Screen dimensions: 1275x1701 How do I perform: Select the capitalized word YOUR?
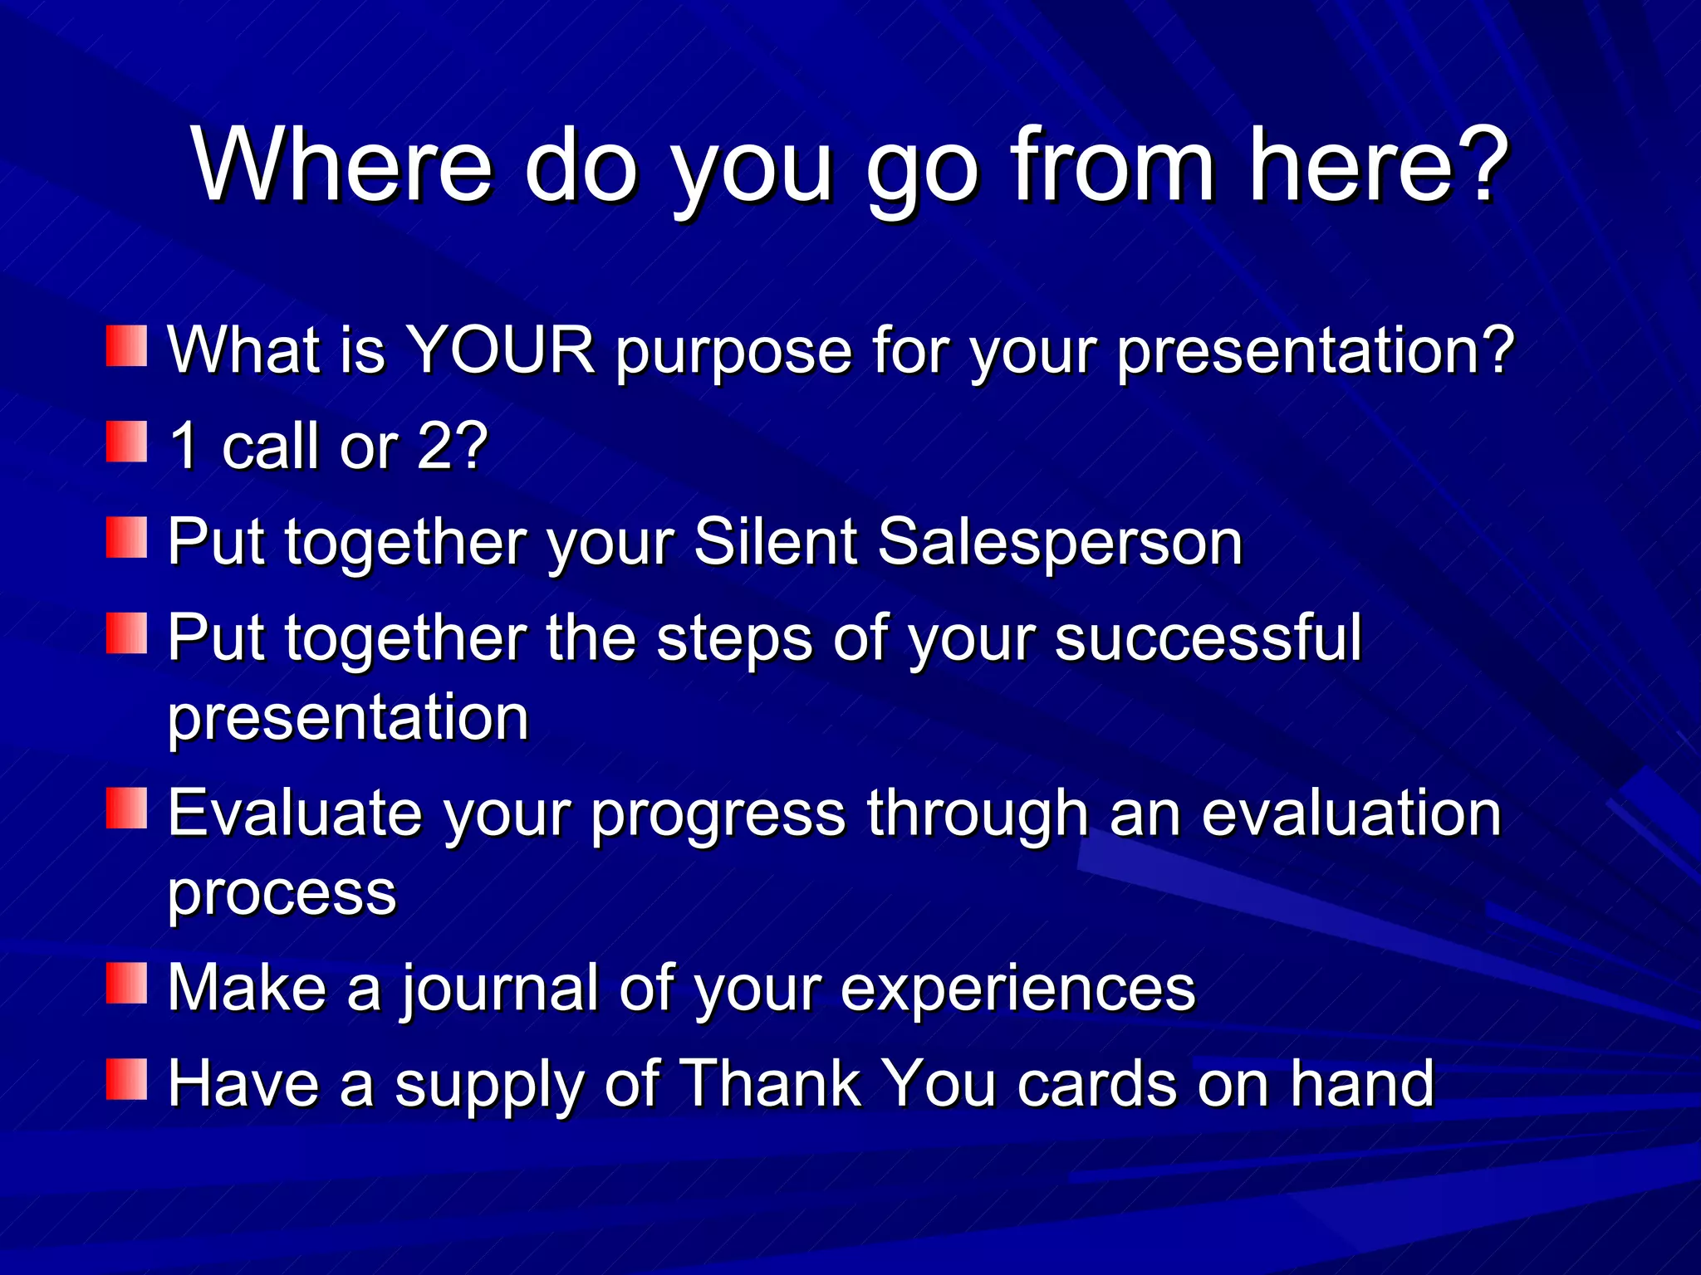[x=499, y=350]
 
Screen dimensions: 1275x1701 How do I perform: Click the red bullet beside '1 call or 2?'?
[x=126, y=442]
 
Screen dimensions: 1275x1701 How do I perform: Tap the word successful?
[x=1208, y=637]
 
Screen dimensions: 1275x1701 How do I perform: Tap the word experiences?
[x=1017, y=989]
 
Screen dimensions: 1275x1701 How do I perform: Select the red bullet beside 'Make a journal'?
[x=126, y=983]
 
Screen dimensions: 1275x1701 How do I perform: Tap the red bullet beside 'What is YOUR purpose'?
[x=126, y=345]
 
